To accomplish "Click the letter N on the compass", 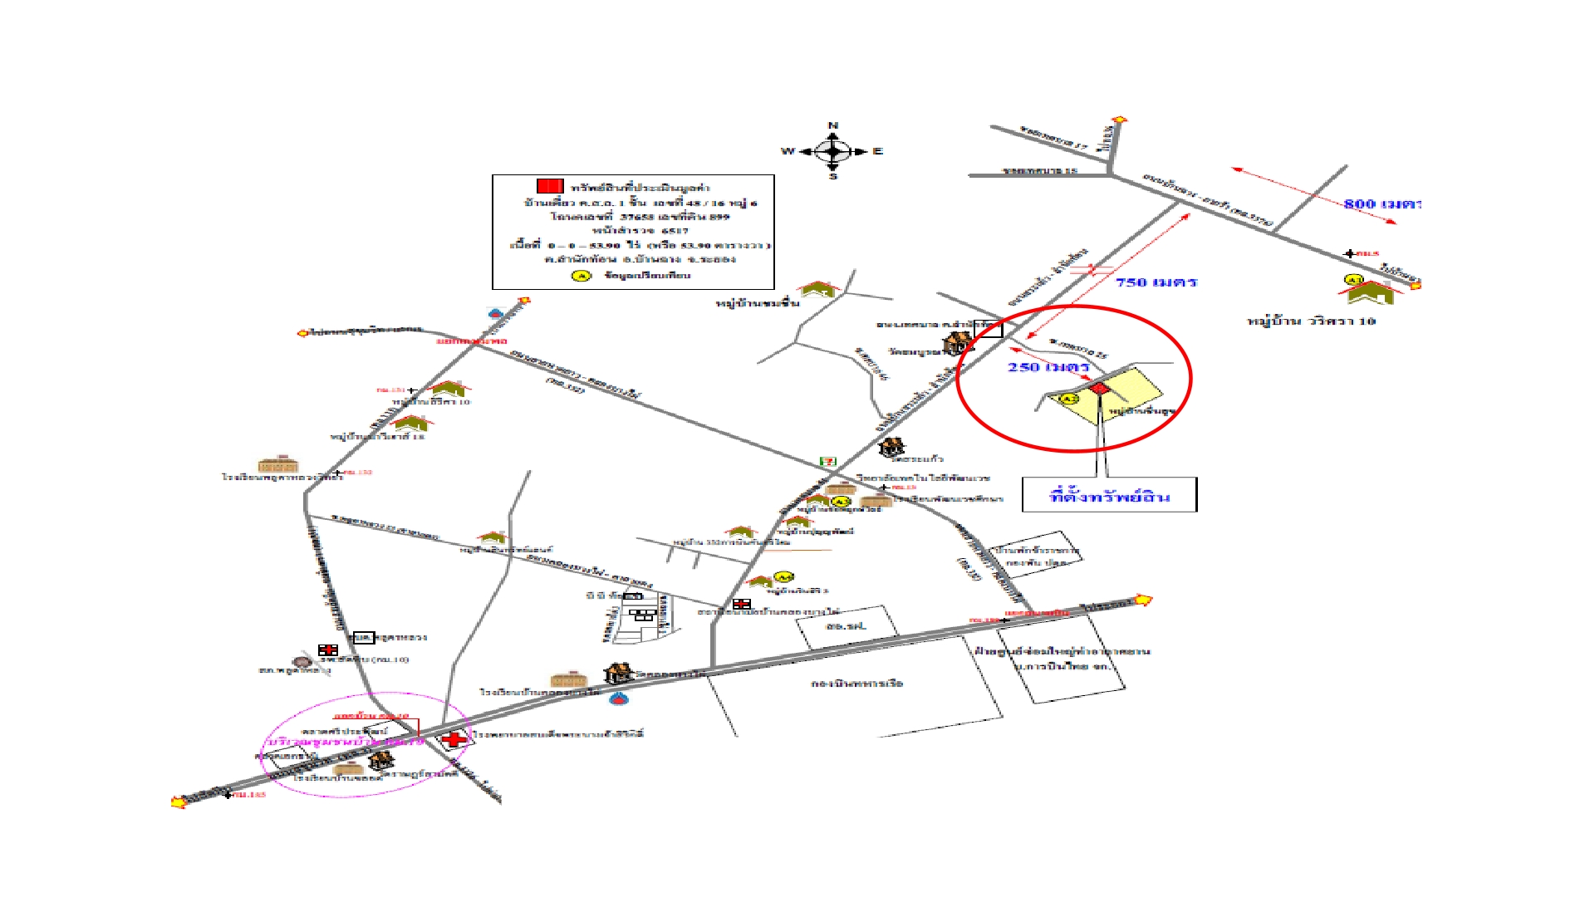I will click(832, 126).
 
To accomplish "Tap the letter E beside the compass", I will click(878, 151).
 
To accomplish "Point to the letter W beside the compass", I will click(788, 151).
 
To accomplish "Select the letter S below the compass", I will click(833, 176).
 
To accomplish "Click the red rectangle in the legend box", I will click(550, 186).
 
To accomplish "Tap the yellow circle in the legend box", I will click(582, 276).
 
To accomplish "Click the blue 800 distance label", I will click(1382, 203).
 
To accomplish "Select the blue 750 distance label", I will click(1156, 282).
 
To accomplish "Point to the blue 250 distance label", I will click(1048, 367).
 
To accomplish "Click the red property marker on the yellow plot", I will click(1099, 389).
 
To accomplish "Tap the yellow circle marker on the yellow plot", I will click(1068, 399).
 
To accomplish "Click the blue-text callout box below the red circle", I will click(1109, 496).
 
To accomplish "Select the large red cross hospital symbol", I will click(454, 739).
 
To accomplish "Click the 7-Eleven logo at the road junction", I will click(827, 461).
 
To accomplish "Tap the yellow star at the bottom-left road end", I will click(178, 801).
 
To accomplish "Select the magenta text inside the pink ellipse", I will click(345, 741).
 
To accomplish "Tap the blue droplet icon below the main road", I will click(617, 698).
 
